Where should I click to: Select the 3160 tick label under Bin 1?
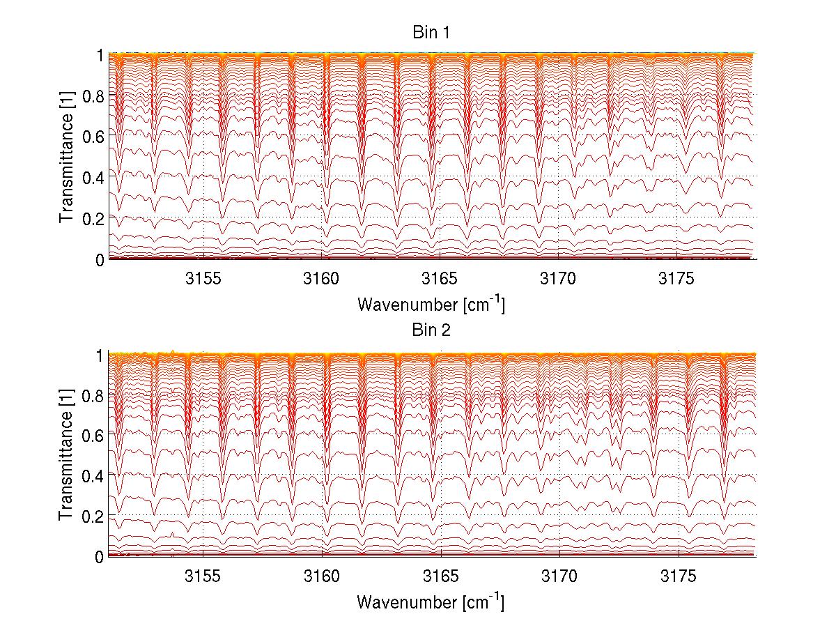point(322,279)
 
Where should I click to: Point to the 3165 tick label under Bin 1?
point(441,279)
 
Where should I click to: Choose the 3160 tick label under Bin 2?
point(322,576)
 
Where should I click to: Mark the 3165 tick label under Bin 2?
point(441,576)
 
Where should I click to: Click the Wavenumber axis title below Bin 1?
point(431,304)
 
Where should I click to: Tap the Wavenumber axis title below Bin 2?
point(431,602)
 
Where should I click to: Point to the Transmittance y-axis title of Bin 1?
point(67,157)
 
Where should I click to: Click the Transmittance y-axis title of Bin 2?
point(67,455)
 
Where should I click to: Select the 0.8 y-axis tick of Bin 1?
point(93,95)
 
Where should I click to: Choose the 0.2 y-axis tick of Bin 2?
point(93,516)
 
